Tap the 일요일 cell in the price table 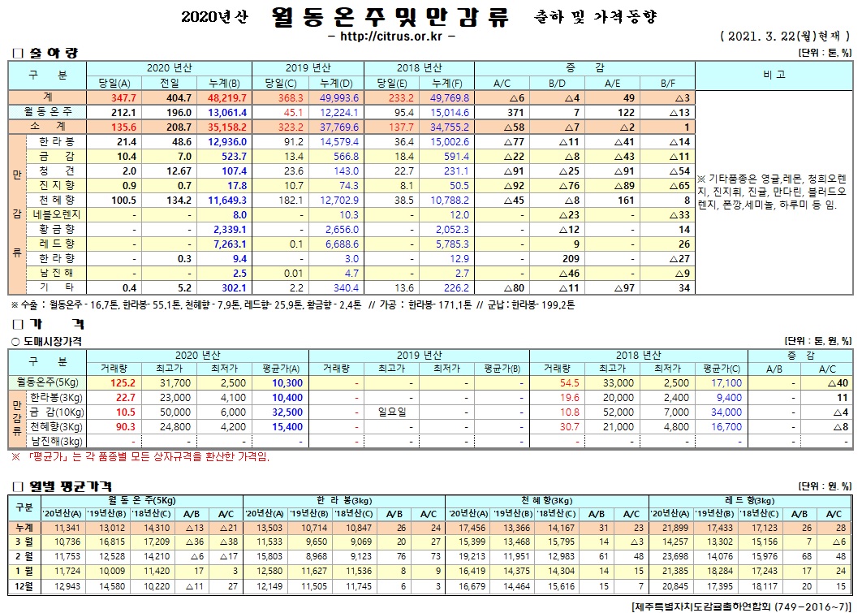click(392, 412)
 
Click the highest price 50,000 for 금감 click(176, 412)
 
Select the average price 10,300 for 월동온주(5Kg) click(287, 382)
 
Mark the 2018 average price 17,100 click(726, 382)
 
